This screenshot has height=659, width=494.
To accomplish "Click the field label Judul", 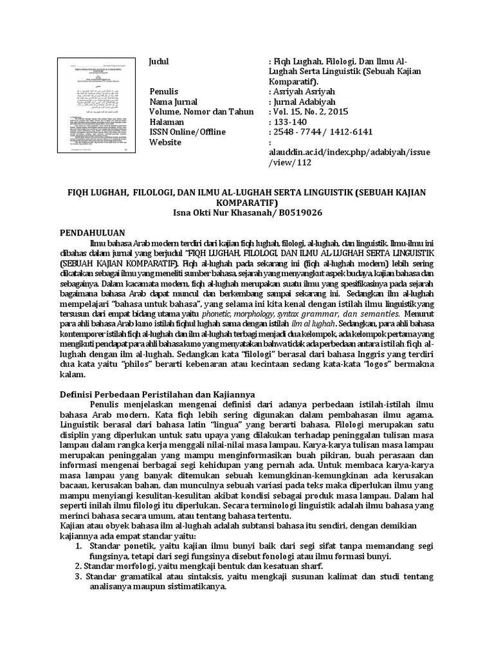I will (159, 60).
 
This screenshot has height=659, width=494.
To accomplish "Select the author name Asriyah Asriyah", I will (303, 91).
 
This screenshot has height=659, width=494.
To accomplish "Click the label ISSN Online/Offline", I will (187, 133).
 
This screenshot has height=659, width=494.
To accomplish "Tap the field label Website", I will (165, 143).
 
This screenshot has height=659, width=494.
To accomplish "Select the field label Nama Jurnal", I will (172, 102).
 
